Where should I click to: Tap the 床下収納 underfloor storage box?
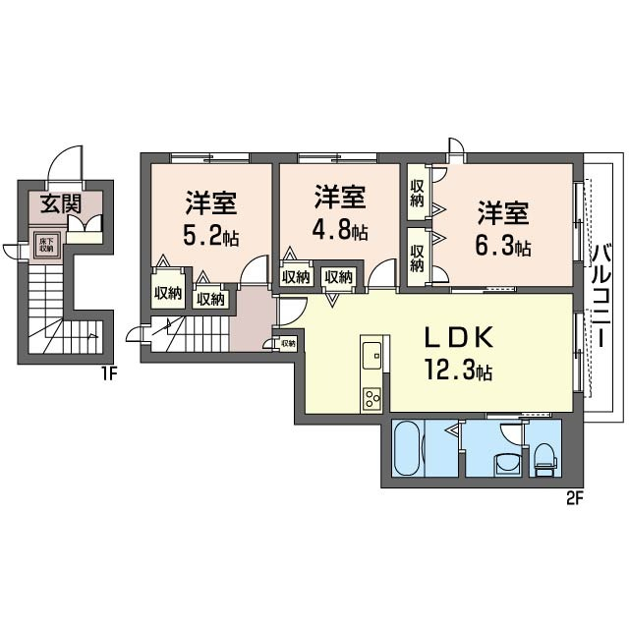[46, 246]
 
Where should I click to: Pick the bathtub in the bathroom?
[409, 448]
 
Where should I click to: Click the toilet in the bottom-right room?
[543, 457]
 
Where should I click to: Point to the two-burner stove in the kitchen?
[372, 398]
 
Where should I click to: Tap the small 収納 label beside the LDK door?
[288, 344]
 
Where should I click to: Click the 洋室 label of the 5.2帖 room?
[211, 205]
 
